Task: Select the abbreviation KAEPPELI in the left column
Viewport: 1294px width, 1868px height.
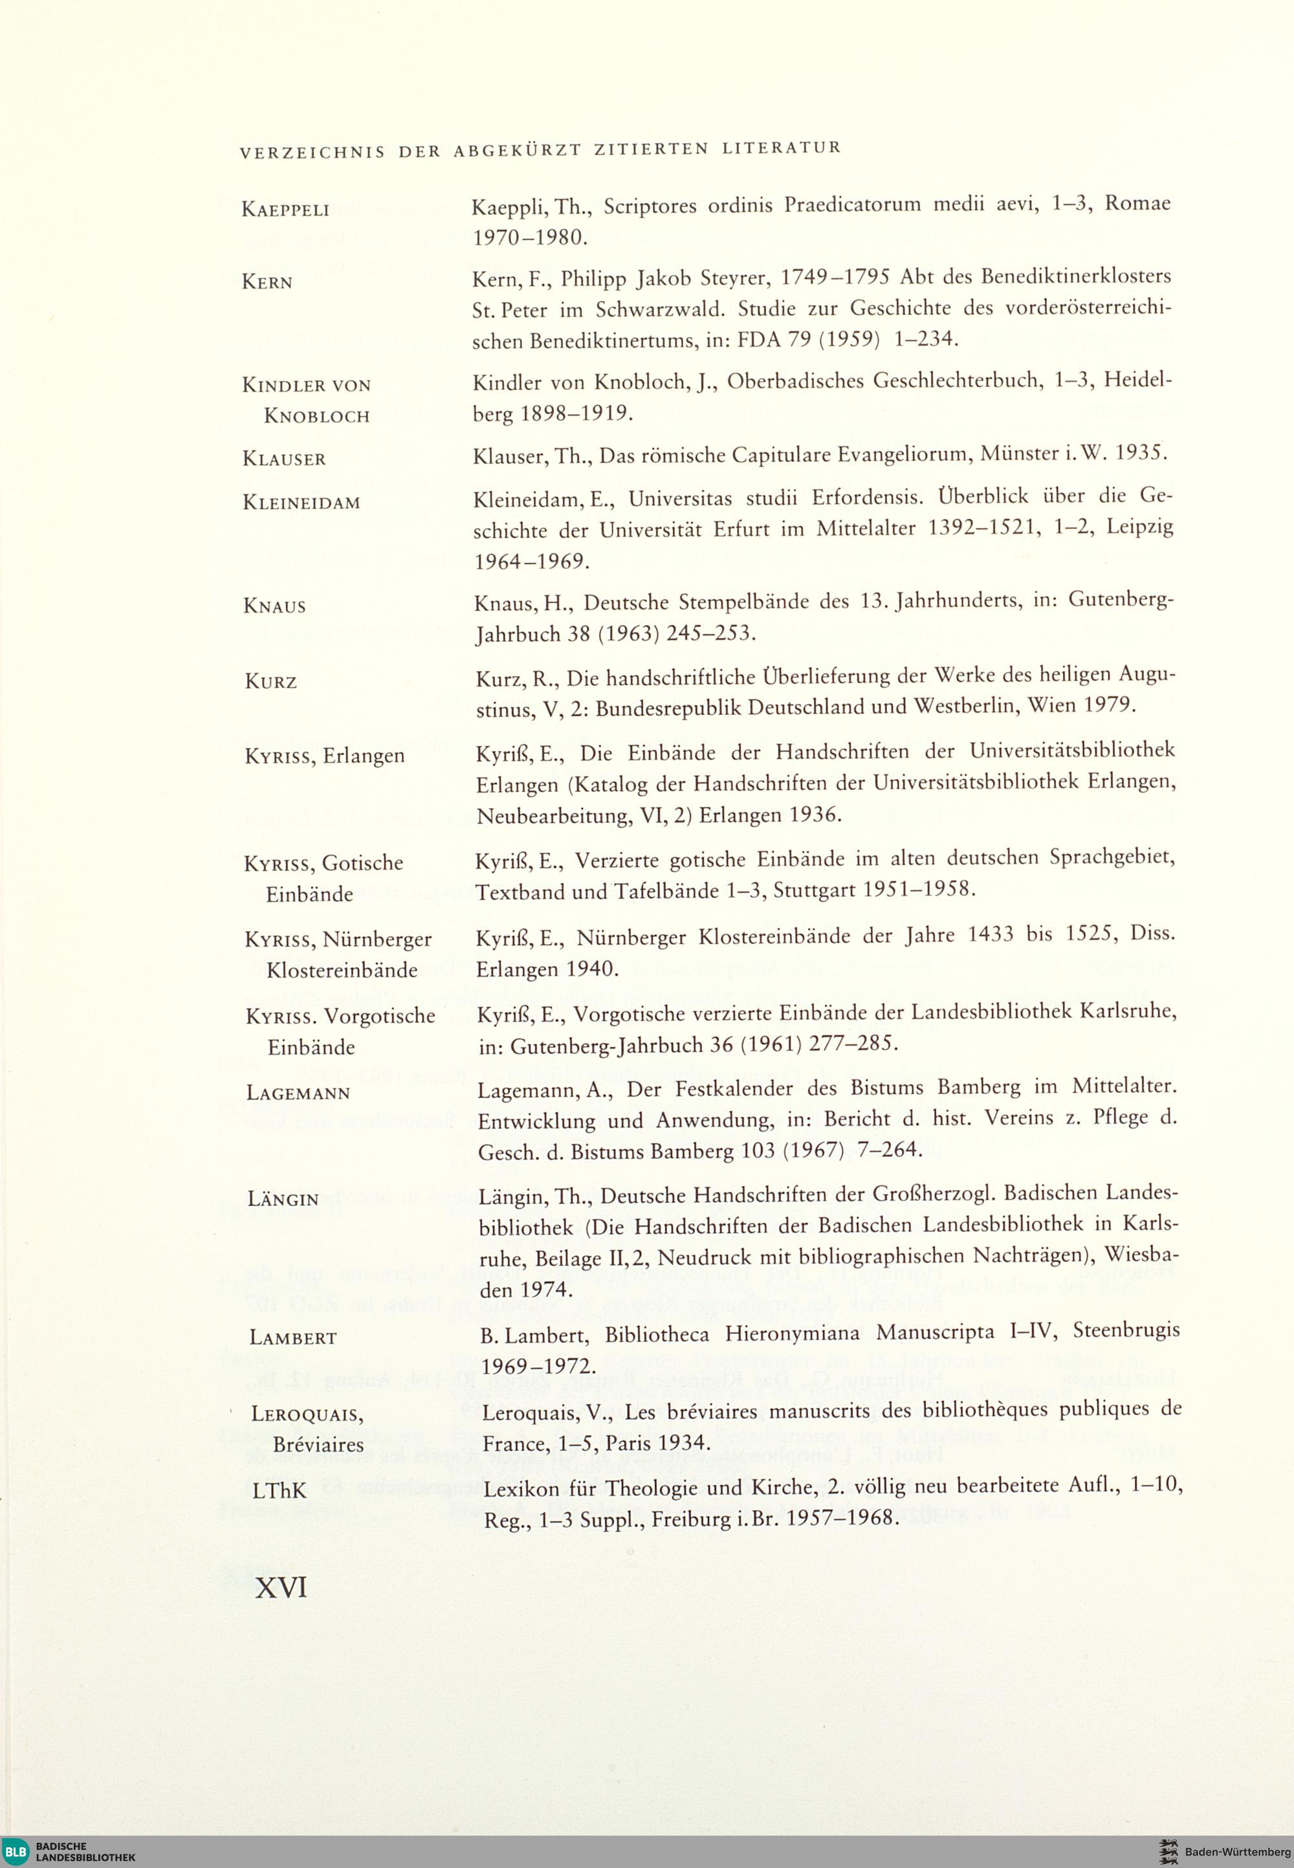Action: tap(285, 210)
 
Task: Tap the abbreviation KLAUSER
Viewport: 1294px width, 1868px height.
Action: tap(284, 459)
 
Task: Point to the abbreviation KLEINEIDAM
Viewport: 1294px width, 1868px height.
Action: tap(301, 503)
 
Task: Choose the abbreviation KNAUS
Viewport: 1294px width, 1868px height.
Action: tap(274, 606)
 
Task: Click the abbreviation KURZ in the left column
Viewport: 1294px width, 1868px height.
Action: tap(271, 682)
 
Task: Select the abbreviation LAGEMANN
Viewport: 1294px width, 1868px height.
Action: tap(298, 1093)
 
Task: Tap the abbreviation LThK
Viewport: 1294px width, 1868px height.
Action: tap(279, 1490)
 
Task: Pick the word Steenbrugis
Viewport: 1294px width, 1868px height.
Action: tap(1127, 1331)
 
